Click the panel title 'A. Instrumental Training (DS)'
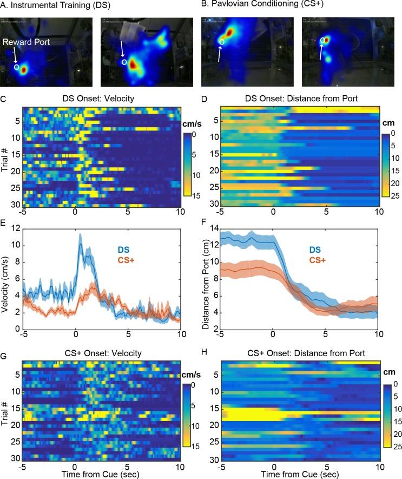click(50, 6)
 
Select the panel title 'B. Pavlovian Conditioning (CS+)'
click(254, 6)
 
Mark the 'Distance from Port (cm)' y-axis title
click(205, 278)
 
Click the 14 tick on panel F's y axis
click(213, 229)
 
